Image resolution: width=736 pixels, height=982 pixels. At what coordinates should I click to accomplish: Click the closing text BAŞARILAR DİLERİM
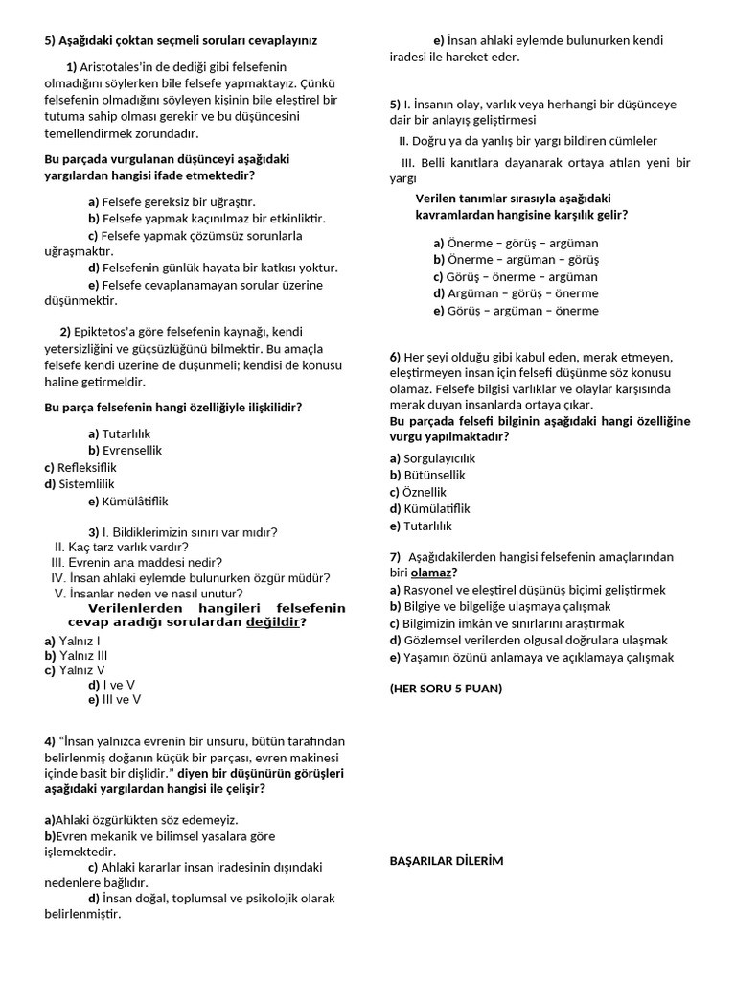(x=446, y=861)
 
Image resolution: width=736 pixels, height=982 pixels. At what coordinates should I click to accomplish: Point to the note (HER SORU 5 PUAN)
(x=446, y=689)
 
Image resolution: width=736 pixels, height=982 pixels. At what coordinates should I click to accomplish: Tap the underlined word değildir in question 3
(x=273, y=621)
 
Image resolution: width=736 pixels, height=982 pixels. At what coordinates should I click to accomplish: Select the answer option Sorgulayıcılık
(x=432, y=458)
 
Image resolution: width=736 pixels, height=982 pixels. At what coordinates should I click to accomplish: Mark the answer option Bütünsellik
(x=427, y=475)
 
